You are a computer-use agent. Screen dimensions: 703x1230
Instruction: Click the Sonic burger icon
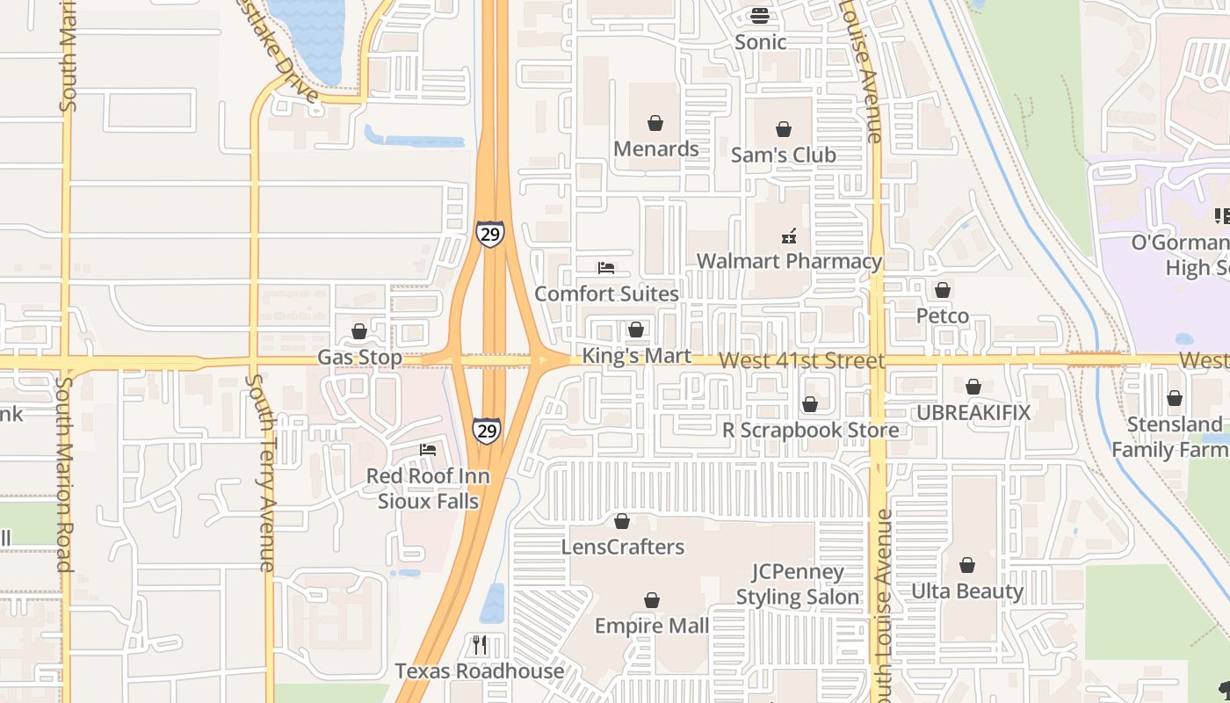click(760, 16)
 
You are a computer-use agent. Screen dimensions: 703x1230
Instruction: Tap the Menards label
click(656, 149)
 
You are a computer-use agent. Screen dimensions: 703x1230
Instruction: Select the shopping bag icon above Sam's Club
click(784, 129)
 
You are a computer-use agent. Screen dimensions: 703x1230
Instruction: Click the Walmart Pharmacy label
click(789, 261)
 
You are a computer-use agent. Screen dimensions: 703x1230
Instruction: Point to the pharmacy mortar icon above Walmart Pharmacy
click(789, 236)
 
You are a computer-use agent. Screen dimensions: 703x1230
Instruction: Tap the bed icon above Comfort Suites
click(606, 267)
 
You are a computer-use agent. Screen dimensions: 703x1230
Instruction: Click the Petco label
click(943, 315)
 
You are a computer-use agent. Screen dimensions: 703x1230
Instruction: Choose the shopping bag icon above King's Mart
click(636, 330)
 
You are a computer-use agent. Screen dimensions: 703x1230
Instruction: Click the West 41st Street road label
click(801, 361)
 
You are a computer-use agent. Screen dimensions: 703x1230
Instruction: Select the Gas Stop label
click(359, 358)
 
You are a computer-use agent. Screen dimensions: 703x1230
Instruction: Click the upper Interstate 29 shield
click(490, 234)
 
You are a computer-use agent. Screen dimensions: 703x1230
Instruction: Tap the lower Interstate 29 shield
click(486, 430)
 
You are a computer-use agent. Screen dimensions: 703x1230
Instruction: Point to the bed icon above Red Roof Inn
click(428, 450)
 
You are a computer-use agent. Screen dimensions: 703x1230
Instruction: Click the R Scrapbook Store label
click(810, 430)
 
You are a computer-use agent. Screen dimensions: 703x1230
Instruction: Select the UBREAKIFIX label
click(973, 412)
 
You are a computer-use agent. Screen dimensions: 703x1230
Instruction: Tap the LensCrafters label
click(622, 547)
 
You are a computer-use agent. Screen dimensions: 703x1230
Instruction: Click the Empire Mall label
click(652, 626)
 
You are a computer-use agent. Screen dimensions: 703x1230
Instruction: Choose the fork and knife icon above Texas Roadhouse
click(479, 645)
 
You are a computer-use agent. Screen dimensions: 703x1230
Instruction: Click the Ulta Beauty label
click(967, 591)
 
